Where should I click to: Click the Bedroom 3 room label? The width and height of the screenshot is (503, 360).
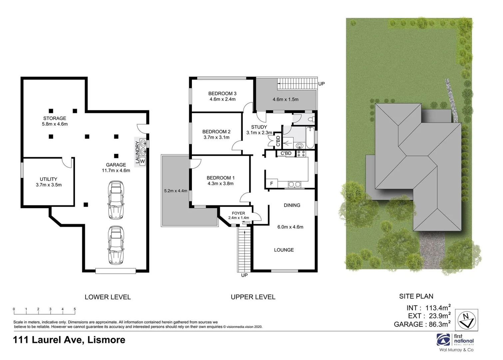pyautogui.click(x=222, y=93)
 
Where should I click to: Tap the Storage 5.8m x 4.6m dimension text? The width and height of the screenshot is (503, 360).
pyautogui.click(x=55, y=124)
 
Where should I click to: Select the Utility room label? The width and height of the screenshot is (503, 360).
pyautogui.click(x=49, y=179)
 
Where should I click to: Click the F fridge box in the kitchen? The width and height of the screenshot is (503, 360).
pyautogui.click(x=271, y=184)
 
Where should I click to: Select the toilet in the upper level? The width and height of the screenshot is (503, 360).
pyautogui.click(x=311, y=119)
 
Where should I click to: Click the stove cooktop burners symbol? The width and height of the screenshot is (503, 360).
pyautogui.click(x=301, y=153)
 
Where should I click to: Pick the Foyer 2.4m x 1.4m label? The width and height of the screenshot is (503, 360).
pyautogui.click(x=239, y=215)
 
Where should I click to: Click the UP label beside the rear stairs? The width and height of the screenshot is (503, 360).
pyautogui.click(x=321, y=84)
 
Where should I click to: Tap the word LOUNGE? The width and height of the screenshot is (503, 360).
pyautogui.click(x=284, y=250)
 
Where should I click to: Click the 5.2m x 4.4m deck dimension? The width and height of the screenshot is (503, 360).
pyautogui.click(x=176, y=191)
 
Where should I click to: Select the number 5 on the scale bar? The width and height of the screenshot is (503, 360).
pyautogui.click(x=75, y=309)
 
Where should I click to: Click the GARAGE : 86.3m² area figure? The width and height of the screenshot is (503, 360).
pyautogui.click(x=422, y=324)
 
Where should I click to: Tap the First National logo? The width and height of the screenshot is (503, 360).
pyautogui.click(x=455, y=341)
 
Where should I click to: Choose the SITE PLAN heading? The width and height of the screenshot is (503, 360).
pyautogui.click(x=416, y=296)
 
